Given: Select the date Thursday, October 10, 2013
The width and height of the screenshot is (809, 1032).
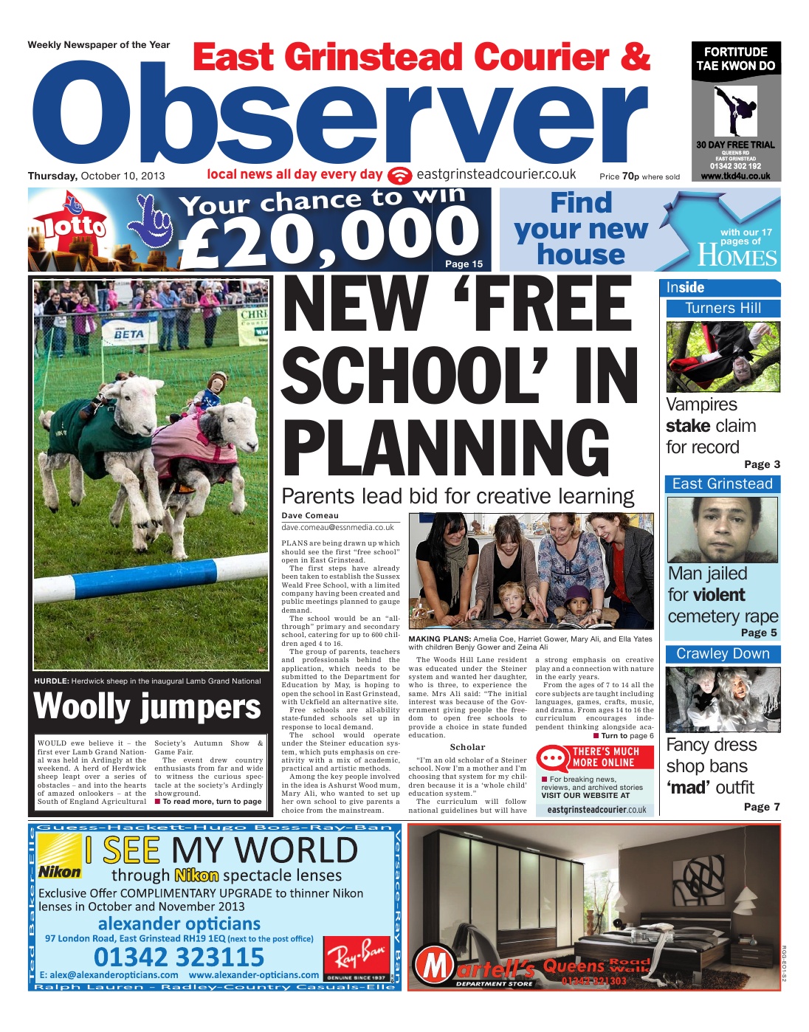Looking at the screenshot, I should coord(96,176).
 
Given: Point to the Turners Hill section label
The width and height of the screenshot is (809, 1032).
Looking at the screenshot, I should coord(723,309).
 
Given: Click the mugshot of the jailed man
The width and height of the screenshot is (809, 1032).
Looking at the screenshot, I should coord(722,529).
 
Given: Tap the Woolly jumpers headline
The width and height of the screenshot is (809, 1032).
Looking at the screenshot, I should coord(148,706).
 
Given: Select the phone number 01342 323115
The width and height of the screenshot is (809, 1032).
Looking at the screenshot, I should coord(179,957).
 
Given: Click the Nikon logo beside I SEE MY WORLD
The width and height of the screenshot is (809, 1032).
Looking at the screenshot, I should coord(60,871).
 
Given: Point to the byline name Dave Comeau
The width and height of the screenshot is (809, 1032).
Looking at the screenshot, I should coord(310,515).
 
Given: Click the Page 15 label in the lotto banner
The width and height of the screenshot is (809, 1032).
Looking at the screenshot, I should coord(464,264).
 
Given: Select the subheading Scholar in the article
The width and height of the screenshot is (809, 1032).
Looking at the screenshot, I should coord(467,747).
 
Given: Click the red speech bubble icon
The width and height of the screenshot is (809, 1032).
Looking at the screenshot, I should coord(553,758).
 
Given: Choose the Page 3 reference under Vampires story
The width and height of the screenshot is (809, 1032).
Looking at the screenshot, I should coord(762,464).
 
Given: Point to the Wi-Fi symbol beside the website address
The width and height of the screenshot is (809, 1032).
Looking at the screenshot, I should coord(400,176).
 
